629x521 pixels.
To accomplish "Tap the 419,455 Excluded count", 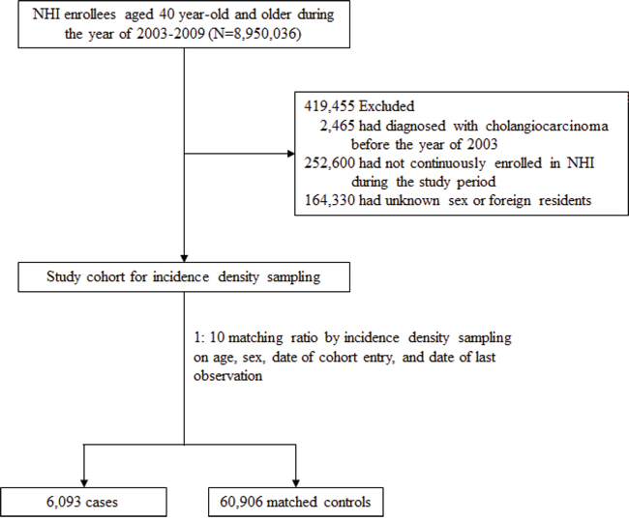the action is (359, 106).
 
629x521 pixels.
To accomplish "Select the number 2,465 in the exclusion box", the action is (338, 126).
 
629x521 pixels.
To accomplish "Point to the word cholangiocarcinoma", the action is (547, 126).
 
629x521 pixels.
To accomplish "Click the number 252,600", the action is (329, 163).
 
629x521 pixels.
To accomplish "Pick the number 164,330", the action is (330, 200).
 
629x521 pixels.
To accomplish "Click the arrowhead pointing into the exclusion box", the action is (291, 154).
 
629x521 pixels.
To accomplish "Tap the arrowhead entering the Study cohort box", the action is (184, 258).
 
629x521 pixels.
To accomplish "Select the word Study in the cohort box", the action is (63, 276).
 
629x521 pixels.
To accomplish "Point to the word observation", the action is (227, 376).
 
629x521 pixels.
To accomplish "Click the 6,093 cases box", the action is (83, 502).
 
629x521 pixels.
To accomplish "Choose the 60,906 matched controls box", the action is (296, 502).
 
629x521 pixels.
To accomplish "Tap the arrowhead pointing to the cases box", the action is (84, 483).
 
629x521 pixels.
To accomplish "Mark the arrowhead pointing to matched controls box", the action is (296, 483).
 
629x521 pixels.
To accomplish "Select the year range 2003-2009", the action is (170, 34).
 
